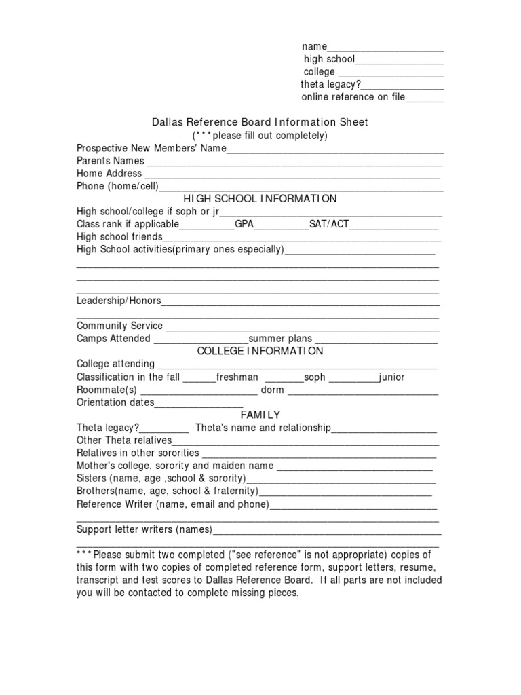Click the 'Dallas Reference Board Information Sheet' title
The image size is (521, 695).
(259, 123)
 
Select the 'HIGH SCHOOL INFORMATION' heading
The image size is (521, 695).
(260, 199)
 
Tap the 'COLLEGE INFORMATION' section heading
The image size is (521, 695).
(260, 351)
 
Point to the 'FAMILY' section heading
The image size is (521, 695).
(260, 415)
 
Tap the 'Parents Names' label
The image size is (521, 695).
(111, 161)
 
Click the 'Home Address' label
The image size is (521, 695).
(109, 174)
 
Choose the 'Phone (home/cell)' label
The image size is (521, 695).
(117, 187)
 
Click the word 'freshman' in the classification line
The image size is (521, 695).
(237, 377)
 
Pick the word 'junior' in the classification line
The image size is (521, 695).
(392, 377)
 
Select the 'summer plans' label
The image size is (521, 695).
(280, 339)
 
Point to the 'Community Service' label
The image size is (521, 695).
(120, 326)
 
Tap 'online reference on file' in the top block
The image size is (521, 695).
(353, 97)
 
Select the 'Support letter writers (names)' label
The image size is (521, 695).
(144, 529)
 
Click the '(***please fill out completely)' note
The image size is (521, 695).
(260, 136)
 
